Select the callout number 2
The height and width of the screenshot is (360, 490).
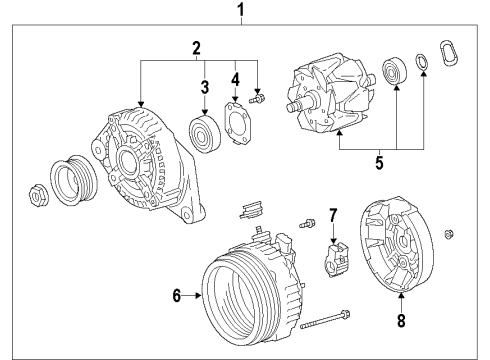[x=198, y=47]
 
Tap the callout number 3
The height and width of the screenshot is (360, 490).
[x=205, y=86]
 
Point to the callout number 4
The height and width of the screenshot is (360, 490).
[x=235, y=78]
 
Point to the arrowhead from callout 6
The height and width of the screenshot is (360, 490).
[x=200, y=295]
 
